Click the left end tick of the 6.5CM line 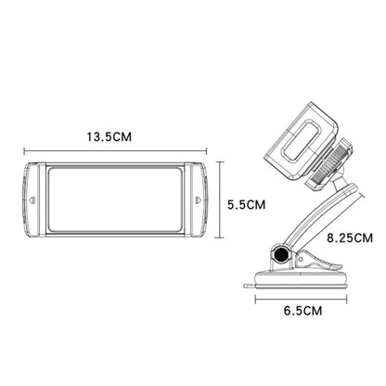[257, 299]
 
